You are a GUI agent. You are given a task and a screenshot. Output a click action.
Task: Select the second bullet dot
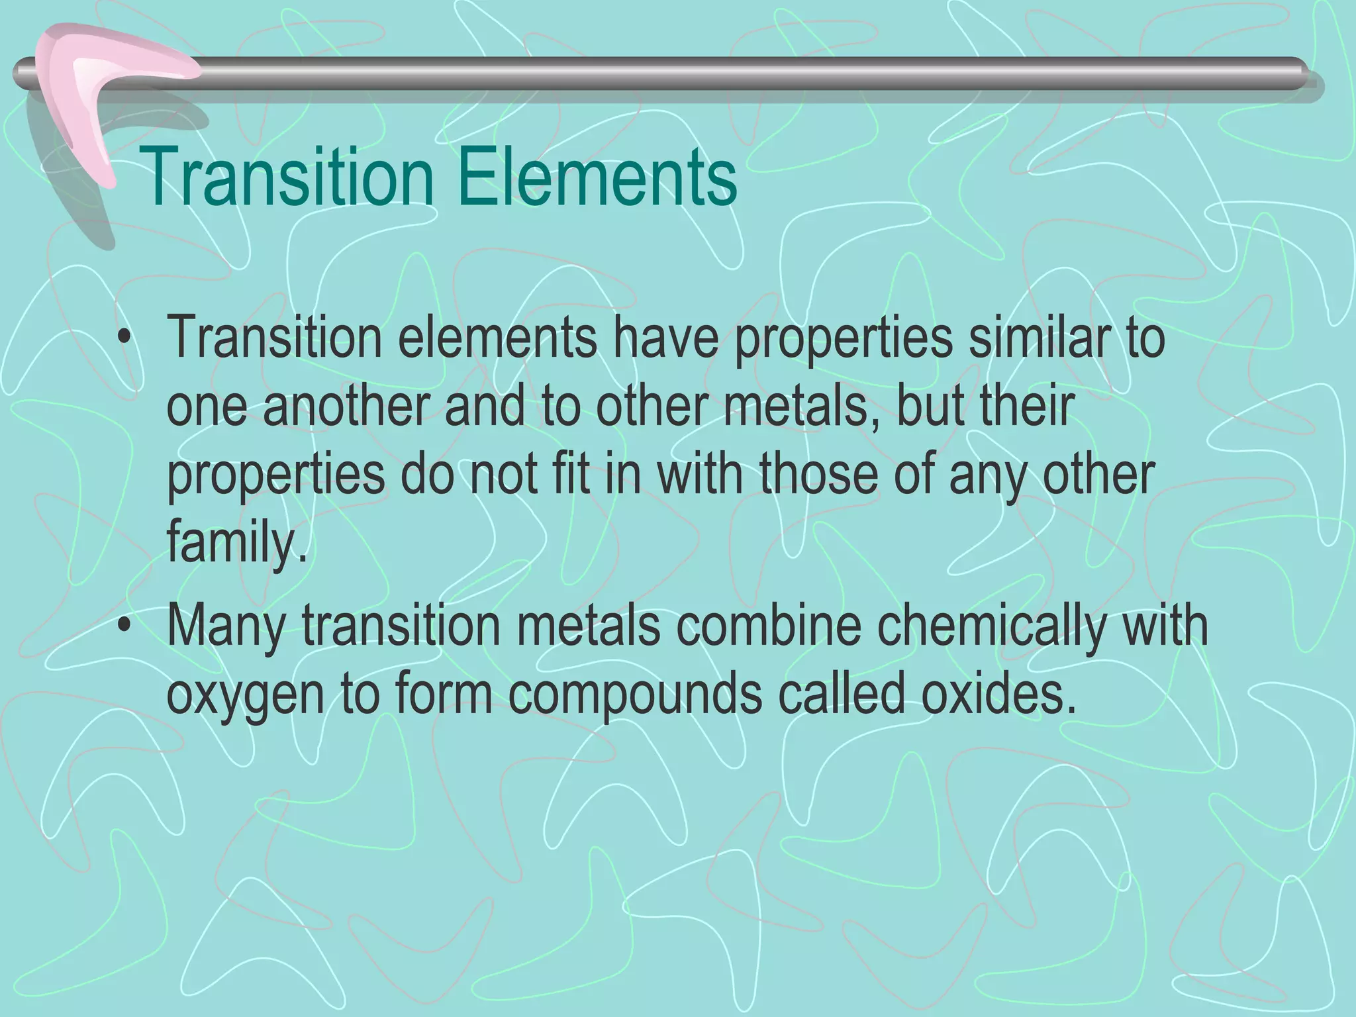[122, 630]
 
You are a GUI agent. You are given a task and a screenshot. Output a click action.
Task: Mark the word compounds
[635, 697]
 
